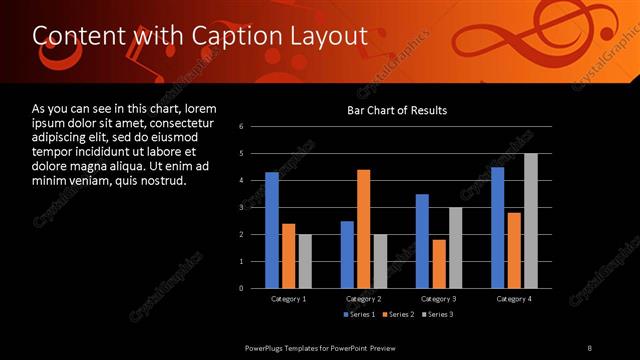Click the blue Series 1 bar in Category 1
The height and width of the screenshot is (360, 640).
tap(272, 230)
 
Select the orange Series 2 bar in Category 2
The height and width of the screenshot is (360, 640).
tap(363, 229)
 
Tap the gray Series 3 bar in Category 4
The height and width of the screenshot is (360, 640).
tap(530, 221)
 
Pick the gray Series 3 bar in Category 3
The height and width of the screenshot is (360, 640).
tap(455, 247)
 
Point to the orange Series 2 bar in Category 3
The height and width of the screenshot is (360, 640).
tap(438, 263)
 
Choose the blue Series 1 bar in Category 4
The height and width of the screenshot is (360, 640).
tap(497, 227)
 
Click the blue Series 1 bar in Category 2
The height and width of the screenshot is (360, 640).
tap(347, 254)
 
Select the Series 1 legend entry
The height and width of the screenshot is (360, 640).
tap(359, 315)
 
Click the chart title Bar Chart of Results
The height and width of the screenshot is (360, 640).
tap(397, 110)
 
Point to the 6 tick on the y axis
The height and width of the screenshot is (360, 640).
tap(242, 127)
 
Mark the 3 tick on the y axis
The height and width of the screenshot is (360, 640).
tap(242, 207)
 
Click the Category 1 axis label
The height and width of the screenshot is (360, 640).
tap(289, 298)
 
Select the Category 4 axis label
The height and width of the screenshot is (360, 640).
tap(514, 298)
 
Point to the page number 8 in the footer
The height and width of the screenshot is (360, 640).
tap(589, 347)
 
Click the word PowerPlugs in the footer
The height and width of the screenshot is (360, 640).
tap(267, 347)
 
